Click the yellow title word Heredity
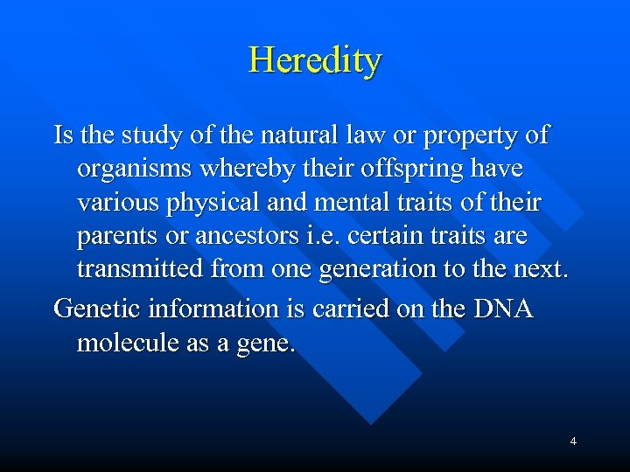315,60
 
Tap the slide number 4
573,441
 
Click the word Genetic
97,309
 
